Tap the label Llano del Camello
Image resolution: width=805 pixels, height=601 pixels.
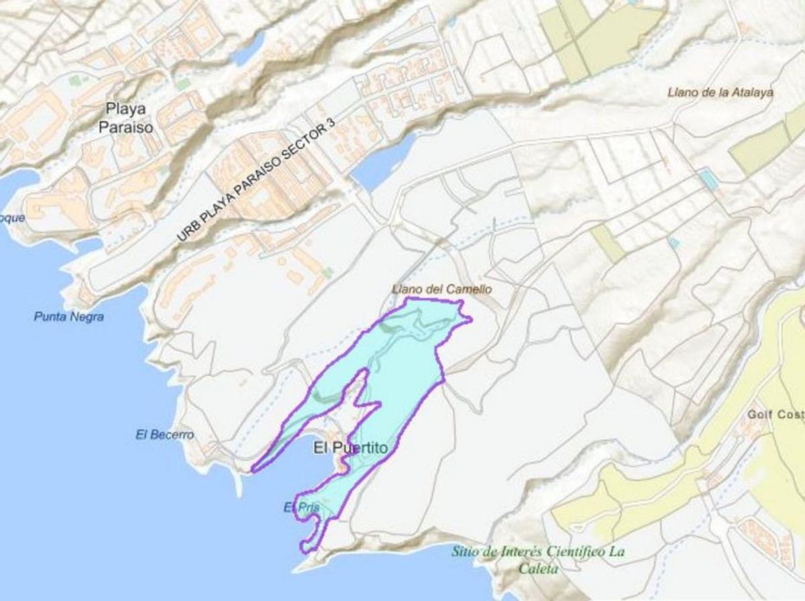point(442,289)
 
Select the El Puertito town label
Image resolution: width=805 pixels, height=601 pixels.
point(350,449)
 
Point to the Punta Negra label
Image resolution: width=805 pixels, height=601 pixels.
point(68,317)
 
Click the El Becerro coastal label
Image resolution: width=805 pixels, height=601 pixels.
point(164,435)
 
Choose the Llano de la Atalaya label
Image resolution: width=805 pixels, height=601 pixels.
point(720,93)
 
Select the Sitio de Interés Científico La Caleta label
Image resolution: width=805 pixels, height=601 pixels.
point(539,560)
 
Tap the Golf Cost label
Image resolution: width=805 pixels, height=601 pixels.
point(775,415)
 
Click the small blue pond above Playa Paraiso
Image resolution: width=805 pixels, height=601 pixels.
point(248,48)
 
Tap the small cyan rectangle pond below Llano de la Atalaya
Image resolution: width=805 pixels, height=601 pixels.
point(706,178)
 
